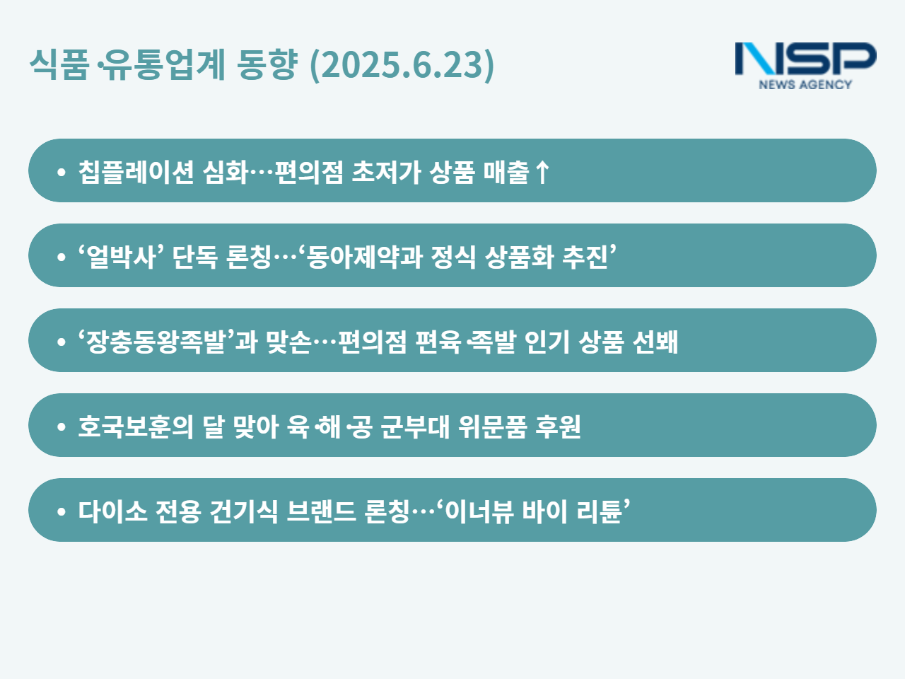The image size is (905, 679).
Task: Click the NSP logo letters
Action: pos(805,59)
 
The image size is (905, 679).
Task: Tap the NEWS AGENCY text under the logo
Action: pos(805,84)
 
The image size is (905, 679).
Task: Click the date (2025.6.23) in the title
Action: pos(402,65)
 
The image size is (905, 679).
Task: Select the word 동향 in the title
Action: pos(267,64)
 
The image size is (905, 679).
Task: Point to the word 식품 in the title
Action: pos(59,64)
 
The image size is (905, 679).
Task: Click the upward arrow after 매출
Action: pos(542,172)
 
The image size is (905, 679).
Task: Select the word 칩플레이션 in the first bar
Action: pos(136,171)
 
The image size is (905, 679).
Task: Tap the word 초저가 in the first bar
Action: pos(386,171)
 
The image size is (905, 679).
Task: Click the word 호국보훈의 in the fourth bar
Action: pos(136,426)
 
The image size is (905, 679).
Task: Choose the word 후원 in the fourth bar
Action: pos(558,426)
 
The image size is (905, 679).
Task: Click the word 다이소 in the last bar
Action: pos(113,511)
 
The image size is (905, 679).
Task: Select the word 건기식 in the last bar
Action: pos(244,511)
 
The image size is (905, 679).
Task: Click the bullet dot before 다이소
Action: pos(62,511)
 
